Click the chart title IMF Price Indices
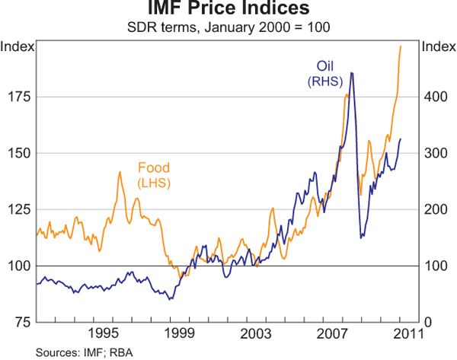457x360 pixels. coord(228,10)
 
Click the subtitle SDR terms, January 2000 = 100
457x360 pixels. coord(228,27)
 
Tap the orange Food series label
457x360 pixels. coord(153,168)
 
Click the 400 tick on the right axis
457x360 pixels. coord(433,97)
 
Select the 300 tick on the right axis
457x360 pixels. coord(433,153)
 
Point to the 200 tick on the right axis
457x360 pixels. coord(433,209)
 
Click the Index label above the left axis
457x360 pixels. coord(17,47)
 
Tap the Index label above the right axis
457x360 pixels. coord(438,47)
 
